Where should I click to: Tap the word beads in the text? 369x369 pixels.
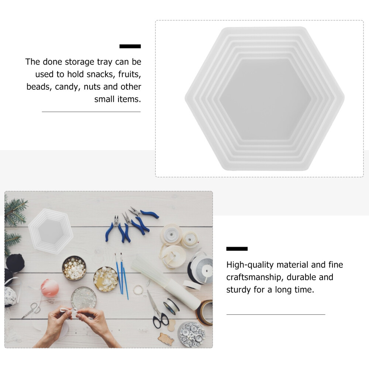(x=38, y=87)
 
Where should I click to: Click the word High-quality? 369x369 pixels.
(x=250, y=265)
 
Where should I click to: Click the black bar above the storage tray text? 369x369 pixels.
(x=130, y=46)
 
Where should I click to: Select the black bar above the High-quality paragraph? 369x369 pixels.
(x=237, y=249)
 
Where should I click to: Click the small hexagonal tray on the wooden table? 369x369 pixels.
(x=51, y=232)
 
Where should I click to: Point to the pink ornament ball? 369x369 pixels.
(x=50, y=288)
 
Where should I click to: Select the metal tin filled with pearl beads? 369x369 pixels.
(x=74, y=268)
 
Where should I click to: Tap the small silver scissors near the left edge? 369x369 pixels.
(x=31, y=310)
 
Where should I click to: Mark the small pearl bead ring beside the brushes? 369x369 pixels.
(x=138, y=290)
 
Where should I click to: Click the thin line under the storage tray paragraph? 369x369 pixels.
(x=91, y=112)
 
